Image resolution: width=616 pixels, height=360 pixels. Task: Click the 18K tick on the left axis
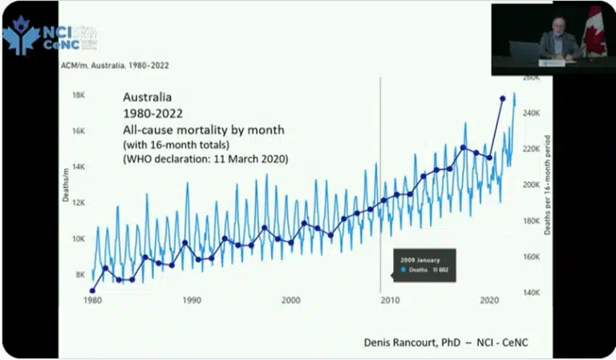79,95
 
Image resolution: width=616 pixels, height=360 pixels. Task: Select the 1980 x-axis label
92,300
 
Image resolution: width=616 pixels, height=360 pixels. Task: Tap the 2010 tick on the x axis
389,300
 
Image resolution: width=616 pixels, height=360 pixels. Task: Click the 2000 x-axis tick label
290,300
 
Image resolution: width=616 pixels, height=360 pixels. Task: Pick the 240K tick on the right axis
533,113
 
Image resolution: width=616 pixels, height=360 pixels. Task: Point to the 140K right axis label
533,293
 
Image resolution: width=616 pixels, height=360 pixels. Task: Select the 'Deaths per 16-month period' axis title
548,184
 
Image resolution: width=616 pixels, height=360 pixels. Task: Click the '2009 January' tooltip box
423,265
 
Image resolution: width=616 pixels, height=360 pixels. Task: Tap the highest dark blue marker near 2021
503,99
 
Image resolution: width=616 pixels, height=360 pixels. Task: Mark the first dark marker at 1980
92,291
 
